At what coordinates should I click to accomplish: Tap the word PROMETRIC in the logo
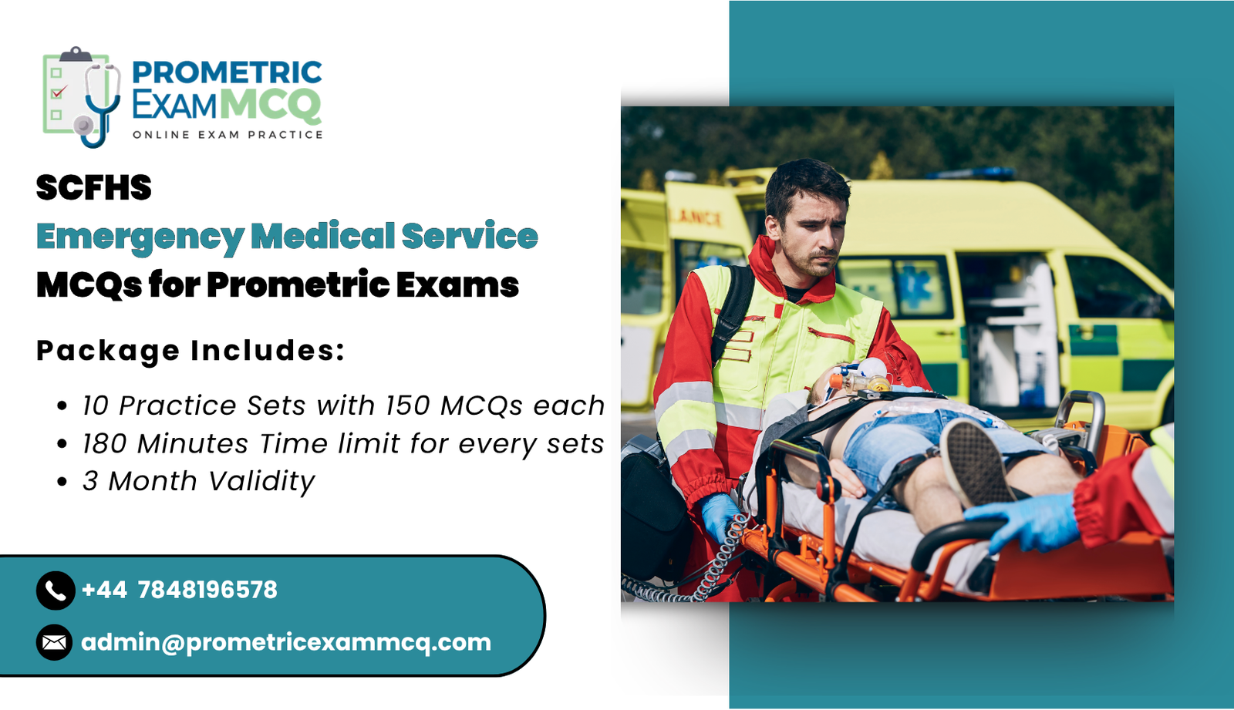pyautogui.click(x=227, y=72)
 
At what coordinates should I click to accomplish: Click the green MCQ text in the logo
pyautogui.click(x=270, y=105)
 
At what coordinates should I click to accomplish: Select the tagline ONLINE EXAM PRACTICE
pyautogui.click(x=228, y=135)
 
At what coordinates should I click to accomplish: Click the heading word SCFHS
pyautogui.click(x=94, y=188)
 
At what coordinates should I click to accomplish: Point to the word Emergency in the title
pyautogui.click(x=140, y=237)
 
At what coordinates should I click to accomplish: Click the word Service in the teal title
pyautogui.click(x=469, y=236)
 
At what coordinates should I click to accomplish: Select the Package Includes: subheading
pyautogui.click(x=190, y=351)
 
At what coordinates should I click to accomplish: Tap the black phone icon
pyautogui.click(x=55, y=591)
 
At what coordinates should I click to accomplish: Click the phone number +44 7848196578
pyautogui.click(x=179, y=591)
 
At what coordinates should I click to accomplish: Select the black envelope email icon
pyautogui.click(x=55, y=642)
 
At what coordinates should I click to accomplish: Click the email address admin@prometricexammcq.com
pyautogui.click(x=286, y=642)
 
